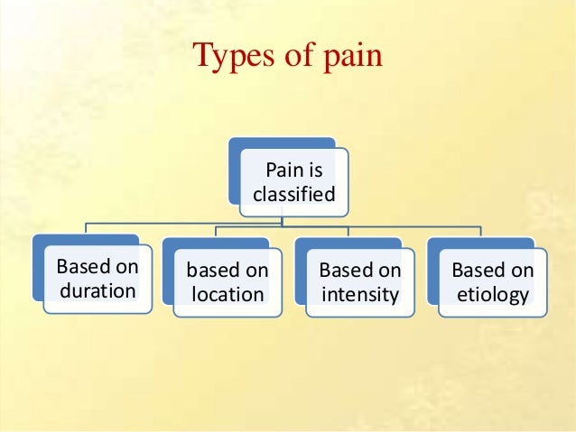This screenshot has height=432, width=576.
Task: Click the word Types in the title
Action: pyautogui.click(x=230, y=56)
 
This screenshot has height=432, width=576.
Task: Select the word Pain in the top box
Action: pyautogui.click(x=283, y=170)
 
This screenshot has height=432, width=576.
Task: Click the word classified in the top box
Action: pyautogui.click(x=293, y=194)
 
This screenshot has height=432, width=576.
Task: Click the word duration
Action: pyautogui.click(x=97, y=293)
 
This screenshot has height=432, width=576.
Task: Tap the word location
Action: pyautogui.click(x=228, y=294)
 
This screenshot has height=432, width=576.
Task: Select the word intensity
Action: pyautogui.click(x=359, y=293)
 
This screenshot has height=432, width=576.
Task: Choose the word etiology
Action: pyautogui.click(x=492, y=294)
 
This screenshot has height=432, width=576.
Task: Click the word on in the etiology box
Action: pyautogui.click(x=523, y=271)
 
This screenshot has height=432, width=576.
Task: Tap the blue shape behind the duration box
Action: pyautogui.click(x=37, y=271)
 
